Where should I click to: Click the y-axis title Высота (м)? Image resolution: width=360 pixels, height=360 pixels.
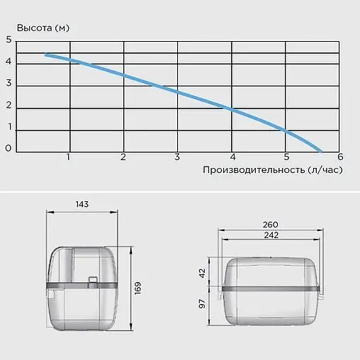tap(43, 28)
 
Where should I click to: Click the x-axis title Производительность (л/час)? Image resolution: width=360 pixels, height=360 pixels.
tap(273, 170)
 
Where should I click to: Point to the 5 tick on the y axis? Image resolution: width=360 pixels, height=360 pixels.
tap(9, 40)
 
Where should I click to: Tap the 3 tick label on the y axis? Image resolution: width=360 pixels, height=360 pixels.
tap(9, 83)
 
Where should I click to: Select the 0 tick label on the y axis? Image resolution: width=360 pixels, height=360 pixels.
tap(9, 148)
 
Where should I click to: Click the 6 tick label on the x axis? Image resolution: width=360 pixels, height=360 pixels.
tap(340, 157)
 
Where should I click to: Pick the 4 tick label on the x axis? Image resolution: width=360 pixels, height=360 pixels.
tap(232, 157)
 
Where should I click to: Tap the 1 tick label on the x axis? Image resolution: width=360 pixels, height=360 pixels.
tap(68, 157)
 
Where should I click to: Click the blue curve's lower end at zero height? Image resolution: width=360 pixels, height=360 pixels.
tap(320, 151)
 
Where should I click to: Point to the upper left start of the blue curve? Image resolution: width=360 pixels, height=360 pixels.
tap(46, 55)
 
